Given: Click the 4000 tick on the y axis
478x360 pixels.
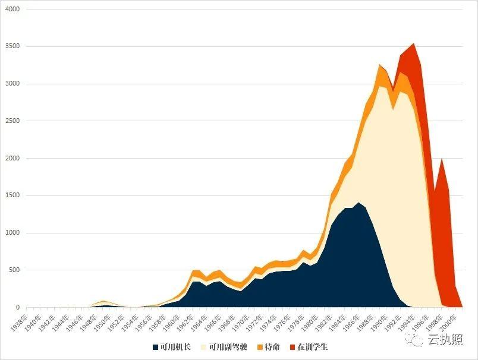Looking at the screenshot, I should [11, 10].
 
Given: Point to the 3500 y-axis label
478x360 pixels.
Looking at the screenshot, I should [11, 46].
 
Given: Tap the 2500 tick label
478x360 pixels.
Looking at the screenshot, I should [11, 121].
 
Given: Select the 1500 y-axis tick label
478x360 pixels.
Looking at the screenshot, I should [11, 195].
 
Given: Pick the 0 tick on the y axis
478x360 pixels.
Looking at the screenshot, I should [17, 307].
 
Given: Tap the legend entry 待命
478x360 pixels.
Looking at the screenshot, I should [271, 346].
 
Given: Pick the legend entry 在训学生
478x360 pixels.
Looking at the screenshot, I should [312, 346].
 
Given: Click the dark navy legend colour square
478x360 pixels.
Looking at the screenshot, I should [156, 346].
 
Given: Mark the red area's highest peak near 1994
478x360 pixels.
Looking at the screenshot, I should [413, 43].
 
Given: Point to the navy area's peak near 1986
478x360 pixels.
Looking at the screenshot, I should [358, 203].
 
